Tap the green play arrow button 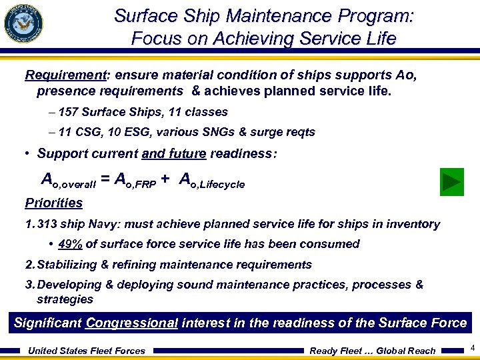(x=453, y=181)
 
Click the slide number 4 (x=472, y=348)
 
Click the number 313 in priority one (x=49, y=224)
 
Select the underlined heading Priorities (x=53, y=203)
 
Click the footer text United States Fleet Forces (x=86, y=351)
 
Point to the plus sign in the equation (x=165, y=179)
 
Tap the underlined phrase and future (x=174, y=153)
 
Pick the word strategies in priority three (x=65, y=299)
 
